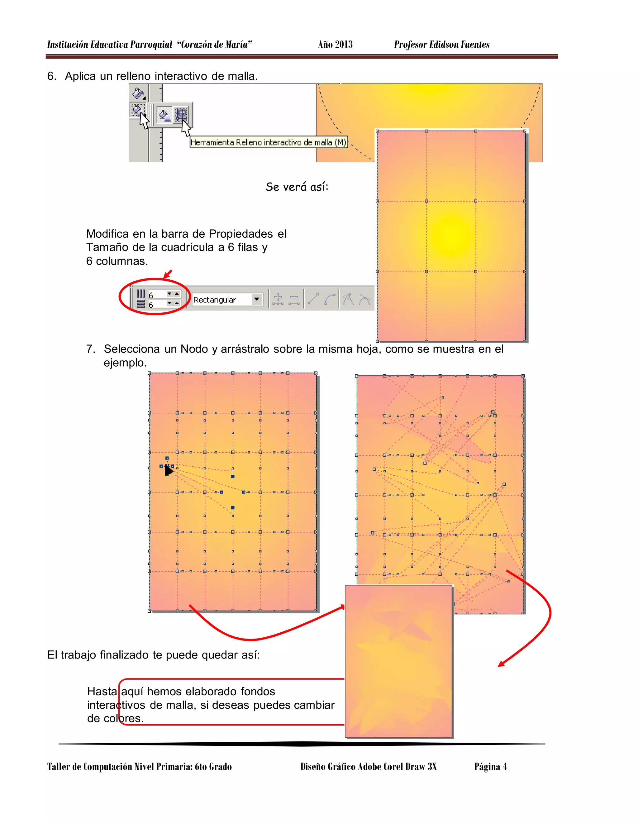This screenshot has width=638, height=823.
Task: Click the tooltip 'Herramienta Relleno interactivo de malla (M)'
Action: pyautogui.click(x=268, y=142)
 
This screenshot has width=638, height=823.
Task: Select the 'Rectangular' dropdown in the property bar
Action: pyautogui.click(x=227, y=300)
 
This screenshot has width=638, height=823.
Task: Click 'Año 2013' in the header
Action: pyautogui.click(x=335, y=45)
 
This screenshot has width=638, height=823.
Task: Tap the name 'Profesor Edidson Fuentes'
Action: pyautogui.click(x=442, y=45)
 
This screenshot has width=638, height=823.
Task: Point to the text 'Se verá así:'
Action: pyautogui.click(x=297, y=187)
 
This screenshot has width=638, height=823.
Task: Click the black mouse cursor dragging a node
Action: pyautogui.click(x=169, y=470)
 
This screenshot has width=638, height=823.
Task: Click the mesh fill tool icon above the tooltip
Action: pyautogui.click(x=182, y=115)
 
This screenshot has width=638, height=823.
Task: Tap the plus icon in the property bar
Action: pyautogui.click(x=278, y=299)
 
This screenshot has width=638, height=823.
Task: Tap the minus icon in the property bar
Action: pyautogui.click(x=294, y=300)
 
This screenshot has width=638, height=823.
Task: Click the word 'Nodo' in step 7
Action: pyautogui.click(x=194, y=349)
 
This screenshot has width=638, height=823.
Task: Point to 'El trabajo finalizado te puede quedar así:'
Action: pyautogui.click(x=153, y=654)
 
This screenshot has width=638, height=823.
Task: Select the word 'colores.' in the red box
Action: pyautogui.click(x=124, y=718)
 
